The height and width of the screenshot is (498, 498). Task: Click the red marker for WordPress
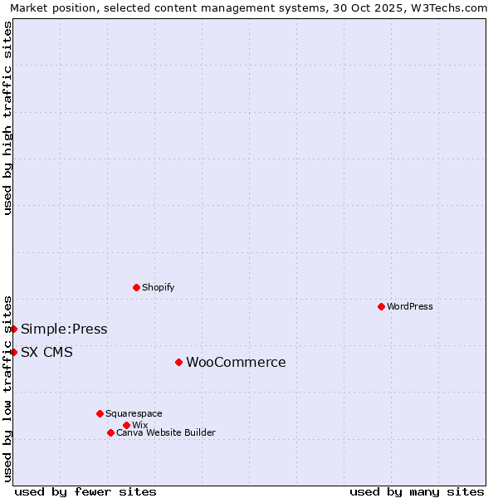(381, 306)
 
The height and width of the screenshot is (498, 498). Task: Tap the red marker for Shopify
(136, 287)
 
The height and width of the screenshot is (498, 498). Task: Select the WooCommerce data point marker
(178, 362)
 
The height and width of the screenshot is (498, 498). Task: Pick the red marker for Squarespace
(100, 413)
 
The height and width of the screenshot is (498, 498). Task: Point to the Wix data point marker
(126, 425)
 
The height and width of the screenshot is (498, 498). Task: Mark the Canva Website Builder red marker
(110, 432)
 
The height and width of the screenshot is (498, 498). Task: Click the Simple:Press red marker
(14, 329)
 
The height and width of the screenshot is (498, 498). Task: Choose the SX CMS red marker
(14, 352)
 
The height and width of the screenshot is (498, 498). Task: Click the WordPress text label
(410, 306)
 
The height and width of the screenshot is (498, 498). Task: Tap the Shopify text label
(158, 287)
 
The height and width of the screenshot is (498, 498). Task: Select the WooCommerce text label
(236, 362)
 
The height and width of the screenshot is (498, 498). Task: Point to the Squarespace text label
(134, 413)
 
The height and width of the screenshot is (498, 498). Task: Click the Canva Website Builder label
(166, 432)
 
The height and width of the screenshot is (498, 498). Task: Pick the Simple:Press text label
(64, 329)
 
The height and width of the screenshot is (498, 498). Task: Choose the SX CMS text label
(46, 352)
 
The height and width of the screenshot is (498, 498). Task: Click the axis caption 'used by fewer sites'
(85, 491)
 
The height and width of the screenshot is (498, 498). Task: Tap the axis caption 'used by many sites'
(417, 491)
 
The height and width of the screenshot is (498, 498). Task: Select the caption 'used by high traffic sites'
(8, 118)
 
